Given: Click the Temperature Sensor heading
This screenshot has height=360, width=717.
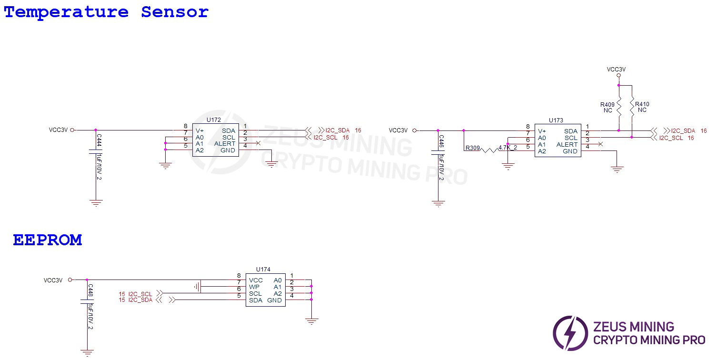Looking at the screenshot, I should point(106,12).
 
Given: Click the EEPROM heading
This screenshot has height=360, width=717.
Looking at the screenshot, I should point(47,240).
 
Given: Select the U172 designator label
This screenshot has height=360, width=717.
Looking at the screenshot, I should point(214,120).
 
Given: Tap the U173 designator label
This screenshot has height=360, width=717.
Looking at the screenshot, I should point(556,120).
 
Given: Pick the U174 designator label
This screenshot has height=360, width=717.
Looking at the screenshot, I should point(263,270).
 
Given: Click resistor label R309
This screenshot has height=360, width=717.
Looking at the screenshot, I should point(472,148).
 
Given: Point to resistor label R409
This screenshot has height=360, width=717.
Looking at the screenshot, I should point(607,104).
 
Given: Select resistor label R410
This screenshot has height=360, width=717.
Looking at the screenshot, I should point(642,104).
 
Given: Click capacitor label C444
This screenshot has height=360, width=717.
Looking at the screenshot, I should point(99,140).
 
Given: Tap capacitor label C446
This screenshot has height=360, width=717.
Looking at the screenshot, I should point(441,141).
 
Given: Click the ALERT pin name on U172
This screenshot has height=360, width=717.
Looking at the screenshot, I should point(225,144).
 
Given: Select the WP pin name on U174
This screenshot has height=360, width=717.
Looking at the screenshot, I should point(254,287).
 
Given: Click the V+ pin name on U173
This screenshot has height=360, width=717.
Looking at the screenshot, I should point(542,131).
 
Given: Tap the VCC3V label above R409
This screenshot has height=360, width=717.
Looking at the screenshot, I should point(616,70).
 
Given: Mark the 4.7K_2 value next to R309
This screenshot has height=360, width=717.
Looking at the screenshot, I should point(508,148).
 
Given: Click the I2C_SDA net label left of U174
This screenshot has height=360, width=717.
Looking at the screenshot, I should point(140,300).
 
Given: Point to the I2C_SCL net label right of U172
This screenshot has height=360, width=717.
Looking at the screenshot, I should point(326,137).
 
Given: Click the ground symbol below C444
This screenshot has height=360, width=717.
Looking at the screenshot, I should point(96,202).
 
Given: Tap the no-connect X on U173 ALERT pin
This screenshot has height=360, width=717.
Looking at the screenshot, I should point(600,144).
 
